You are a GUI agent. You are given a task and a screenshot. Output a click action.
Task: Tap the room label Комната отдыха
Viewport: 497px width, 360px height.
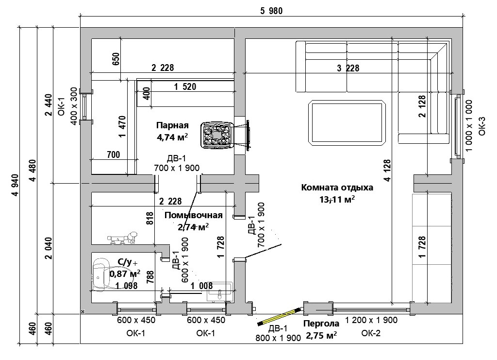(337, 188)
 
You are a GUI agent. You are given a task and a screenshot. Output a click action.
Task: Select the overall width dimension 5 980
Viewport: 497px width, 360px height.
(271, 11)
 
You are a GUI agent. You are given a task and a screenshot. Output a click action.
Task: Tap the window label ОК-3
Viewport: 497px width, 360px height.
(481, 126)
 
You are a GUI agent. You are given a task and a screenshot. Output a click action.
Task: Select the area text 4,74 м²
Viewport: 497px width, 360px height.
(172, 137)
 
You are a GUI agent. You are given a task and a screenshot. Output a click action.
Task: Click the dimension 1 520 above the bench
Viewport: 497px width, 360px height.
(185, 87)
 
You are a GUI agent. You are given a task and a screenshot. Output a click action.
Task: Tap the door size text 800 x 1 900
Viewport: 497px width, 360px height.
(278, 339)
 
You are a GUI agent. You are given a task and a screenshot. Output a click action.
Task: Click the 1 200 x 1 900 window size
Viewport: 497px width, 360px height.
(371, 320)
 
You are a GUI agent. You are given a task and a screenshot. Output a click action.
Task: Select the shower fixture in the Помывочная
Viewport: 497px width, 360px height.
(122, 237)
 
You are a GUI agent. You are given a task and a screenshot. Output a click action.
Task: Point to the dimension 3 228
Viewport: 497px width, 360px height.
(348, 69)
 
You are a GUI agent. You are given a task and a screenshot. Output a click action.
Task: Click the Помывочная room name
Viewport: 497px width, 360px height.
(193, 216)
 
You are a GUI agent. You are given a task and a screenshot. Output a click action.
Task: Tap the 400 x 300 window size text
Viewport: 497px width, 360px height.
(74, 106)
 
